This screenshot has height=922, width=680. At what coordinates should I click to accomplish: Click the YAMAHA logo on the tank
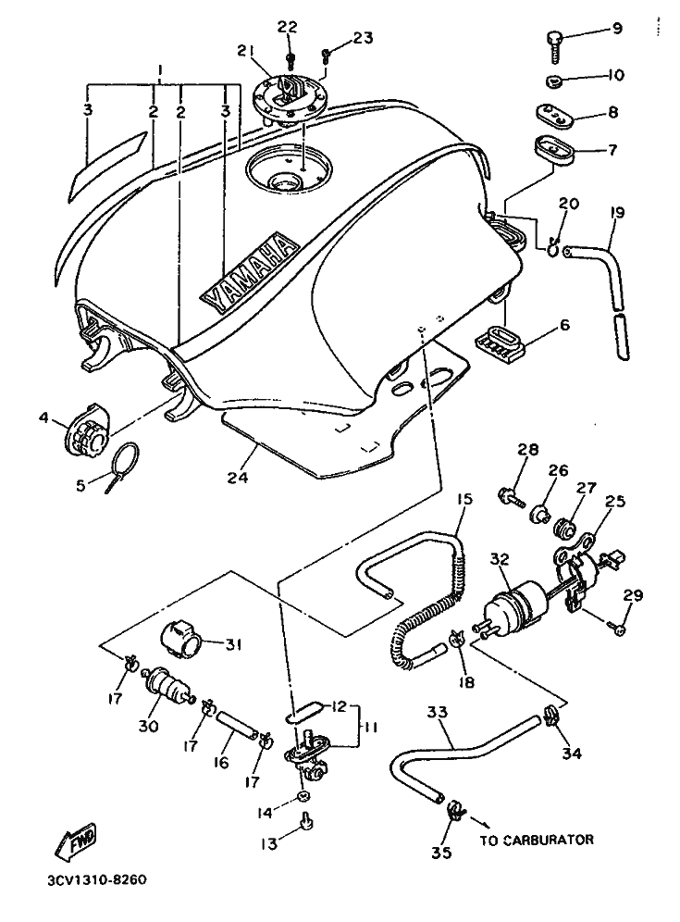247,272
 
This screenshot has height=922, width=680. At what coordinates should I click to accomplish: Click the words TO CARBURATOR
537,840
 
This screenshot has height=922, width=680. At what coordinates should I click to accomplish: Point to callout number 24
238,477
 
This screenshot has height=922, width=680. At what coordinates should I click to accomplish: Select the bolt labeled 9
553,47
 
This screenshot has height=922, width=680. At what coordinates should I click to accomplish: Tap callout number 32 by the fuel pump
501,558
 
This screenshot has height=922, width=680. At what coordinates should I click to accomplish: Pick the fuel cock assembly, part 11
307,752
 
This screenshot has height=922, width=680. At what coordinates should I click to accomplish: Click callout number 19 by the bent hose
616,212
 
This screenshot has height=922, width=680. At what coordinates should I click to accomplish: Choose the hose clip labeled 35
455,811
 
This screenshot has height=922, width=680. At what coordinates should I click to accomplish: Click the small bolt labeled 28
512,497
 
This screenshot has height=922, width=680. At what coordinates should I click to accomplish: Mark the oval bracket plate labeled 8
556,115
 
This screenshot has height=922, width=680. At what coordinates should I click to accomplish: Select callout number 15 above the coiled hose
464,500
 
